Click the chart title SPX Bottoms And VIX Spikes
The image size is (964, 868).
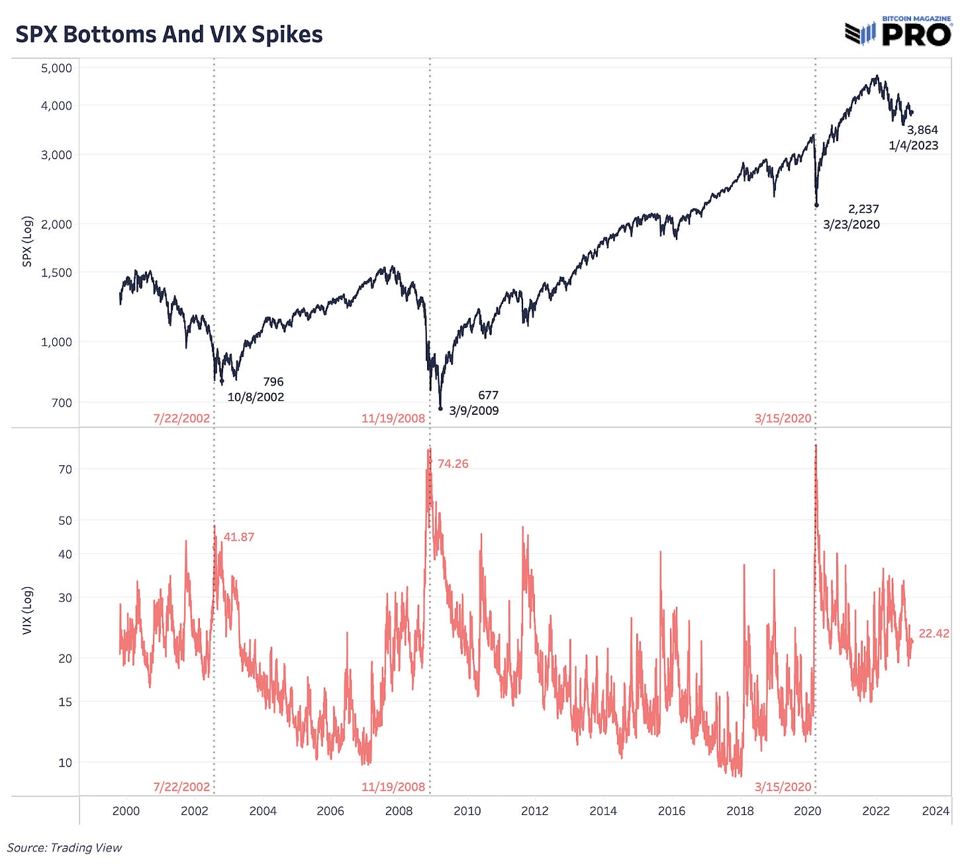tap(169, 34)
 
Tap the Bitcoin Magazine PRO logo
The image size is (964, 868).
tap(898, 32)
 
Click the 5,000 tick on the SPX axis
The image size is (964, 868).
tap(56, 68)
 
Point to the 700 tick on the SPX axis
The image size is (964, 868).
tap(61, 403)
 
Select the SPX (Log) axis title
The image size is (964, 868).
tap(27, 241)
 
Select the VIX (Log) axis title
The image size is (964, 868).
tap(27, 610)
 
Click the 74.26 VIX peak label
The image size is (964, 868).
tap(453, 464)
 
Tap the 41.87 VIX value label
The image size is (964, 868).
tap(238, 537)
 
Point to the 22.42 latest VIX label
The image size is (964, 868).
tap(934, 633)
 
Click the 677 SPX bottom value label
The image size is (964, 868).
tap(488, 395)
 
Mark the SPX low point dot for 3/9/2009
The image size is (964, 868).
tap(440, 409)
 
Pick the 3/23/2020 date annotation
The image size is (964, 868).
tap(851, 225)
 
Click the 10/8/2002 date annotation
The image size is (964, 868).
tap(256, 397)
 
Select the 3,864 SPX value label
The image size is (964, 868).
tap(922, 130)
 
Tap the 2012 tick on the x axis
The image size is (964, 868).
tap(534, 811)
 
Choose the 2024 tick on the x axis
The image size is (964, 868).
tap(935, 811)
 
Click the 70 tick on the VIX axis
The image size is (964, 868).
tap(65, 470)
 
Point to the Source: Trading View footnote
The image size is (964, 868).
tap(65, 847)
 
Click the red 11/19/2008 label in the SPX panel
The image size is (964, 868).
tap(393, 419)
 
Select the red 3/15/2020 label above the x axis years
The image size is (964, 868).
tap(783, 787)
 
